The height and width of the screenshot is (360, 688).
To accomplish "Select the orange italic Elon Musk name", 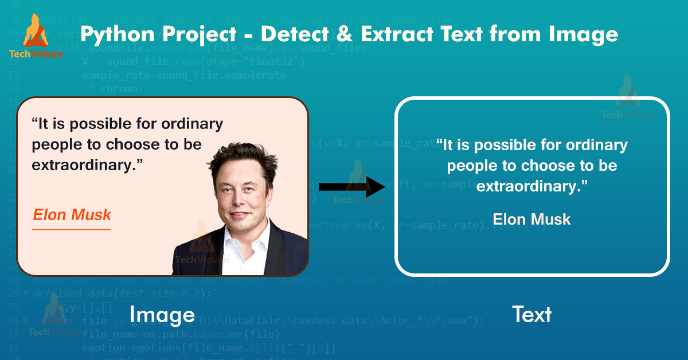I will click(72, 215).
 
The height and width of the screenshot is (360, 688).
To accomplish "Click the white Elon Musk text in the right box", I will click(531, 219).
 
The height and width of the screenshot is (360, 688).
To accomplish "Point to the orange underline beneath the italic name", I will click(71, 230).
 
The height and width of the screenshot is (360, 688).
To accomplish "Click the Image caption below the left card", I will click(162, 315).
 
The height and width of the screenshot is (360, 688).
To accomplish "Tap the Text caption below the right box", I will click(531, 315).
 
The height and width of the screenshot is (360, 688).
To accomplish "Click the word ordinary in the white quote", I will click(596, 145).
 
